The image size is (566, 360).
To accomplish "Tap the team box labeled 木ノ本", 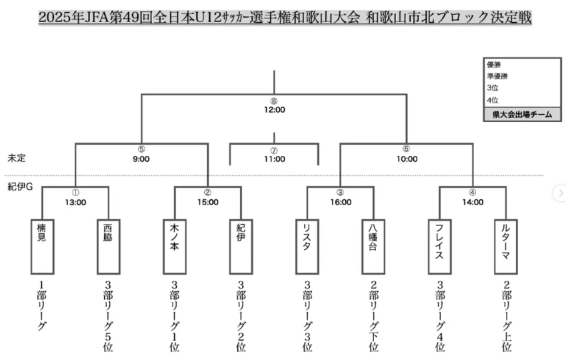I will [x=174, y=246].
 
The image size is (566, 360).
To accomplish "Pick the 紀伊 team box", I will [x=241, y=246].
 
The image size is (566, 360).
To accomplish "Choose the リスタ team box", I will [x=307, y=246].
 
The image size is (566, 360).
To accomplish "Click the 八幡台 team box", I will [x=373, y=246].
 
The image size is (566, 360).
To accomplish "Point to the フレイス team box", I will [x=439, y=246].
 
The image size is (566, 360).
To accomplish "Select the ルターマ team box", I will [x=505, y=246].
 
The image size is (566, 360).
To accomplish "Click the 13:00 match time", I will [x=75, y=202].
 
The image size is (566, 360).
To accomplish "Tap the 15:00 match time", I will [x=207, y=202].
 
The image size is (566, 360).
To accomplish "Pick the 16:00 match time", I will [x=340, y=202].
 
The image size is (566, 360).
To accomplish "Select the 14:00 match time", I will [x=473, y=202].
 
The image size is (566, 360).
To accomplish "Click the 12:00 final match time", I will [x=273, y=109].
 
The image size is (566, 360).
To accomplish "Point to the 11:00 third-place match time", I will [x=273, y=159].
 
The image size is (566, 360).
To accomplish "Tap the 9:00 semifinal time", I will [x=141, y=159].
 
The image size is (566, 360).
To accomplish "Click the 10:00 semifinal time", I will [x=407, y=159].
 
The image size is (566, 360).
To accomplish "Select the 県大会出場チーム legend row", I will [x=522, y=114].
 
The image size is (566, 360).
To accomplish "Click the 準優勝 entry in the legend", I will [x=499, y=76].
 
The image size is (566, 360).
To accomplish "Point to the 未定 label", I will [x=17, y=159].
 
